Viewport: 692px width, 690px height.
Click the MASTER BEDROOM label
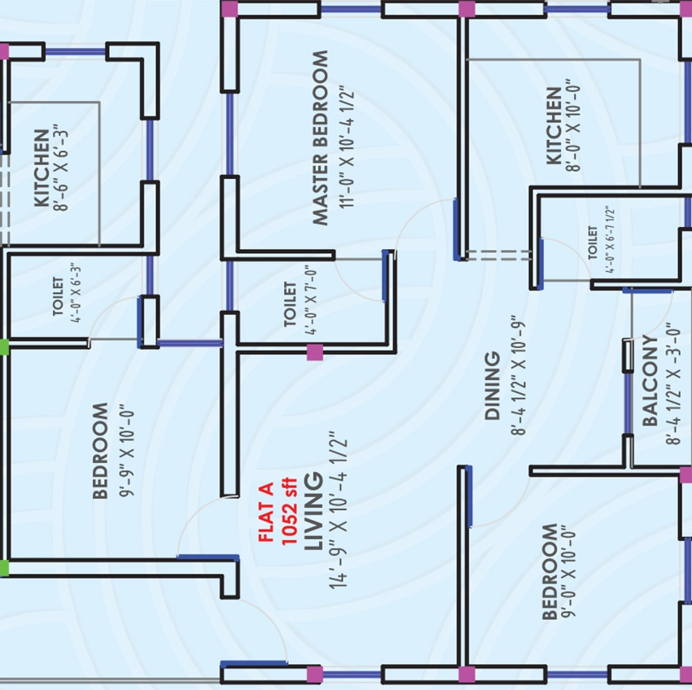coord(321,138)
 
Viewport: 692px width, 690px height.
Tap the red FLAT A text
coord(266,512)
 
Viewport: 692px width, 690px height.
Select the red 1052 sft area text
coord(289,511)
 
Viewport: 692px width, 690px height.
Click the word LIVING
coord(313,511)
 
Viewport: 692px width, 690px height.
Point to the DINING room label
coord(492,385)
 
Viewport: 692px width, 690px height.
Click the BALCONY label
coord(650,380)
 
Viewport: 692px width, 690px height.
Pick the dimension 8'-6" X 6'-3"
coord(62,168)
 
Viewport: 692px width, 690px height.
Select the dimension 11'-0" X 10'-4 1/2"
coord(347,149)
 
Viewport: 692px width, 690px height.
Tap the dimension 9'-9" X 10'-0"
coord(127,452)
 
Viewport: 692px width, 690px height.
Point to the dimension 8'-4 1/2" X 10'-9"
coord(518,375)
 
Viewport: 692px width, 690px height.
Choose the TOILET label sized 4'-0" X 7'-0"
coord(290,304)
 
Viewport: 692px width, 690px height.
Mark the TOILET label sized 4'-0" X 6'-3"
coord(58,295)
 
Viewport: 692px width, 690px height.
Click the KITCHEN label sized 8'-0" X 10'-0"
coord(554,126)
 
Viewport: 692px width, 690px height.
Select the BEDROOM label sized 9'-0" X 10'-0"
coord(549,571)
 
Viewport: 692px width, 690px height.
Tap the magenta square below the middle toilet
coord(315,352)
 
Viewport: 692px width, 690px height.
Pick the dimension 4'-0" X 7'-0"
coord(310,300)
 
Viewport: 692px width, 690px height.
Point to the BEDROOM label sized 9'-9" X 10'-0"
coord(101,451)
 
